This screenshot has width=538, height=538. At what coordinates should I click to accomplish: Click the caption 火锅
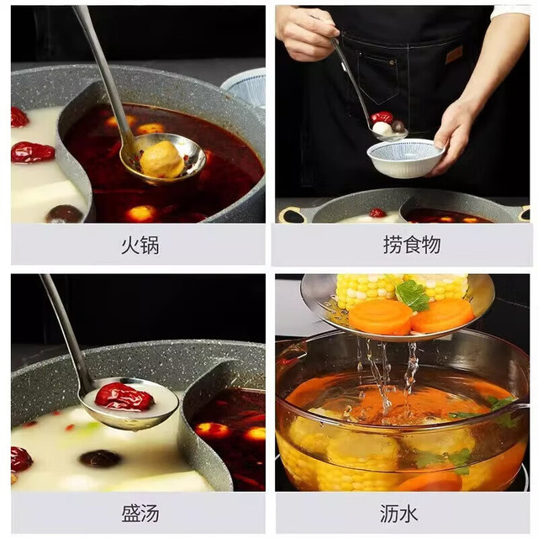pyautogui.click(x=140, y=245)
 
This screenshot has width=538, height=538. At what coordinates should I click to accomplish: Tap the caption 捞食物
pyautogui.click(x=412, y=245)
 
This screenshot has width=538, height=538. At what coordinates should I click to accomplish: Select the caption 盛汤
pyautogui.click(x=140, y=514)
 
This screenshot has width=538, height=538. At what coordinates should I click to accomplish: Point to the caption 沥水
pyautogui.click(x=398, y=514)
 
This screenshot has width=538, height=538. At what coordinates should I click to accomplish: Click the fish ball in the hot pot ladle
pyautogui.click(x=162, y=159)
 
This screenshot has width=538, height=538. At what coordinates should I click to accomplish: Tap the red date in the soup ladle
pyautogui.click(x=124, y=398)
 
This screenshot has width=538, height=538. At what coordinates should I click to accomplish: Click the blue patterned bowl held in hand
pyautogui.click(x=405, y=159)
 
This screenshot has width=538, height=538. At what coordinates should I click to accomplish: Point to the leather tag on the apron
pyautogui.click(x=454, y=56)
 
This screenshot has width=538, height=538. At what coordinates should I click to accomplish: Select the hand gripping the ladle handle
pyautogui.click(x=307, y=33)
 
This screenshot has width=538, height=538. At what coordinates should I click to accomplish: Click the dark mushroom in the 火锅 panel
pyautogui.click(x=64, y=214)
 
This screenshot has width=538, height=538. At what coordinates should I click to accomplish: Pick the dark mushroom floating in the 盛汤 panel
pyautogui.click(x=100, y=458)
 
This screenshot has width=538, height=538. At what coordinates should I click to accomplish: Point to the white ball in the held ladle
pyautogui.click(x=382, y=129)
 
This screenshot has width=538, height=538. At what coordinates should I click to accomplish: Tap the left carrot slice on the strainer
pyautogui.click(x=380, y=317)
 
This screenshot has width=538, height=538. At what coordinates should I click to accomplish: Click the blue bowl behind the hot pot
pyautogui.click(x=244, y=87)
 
